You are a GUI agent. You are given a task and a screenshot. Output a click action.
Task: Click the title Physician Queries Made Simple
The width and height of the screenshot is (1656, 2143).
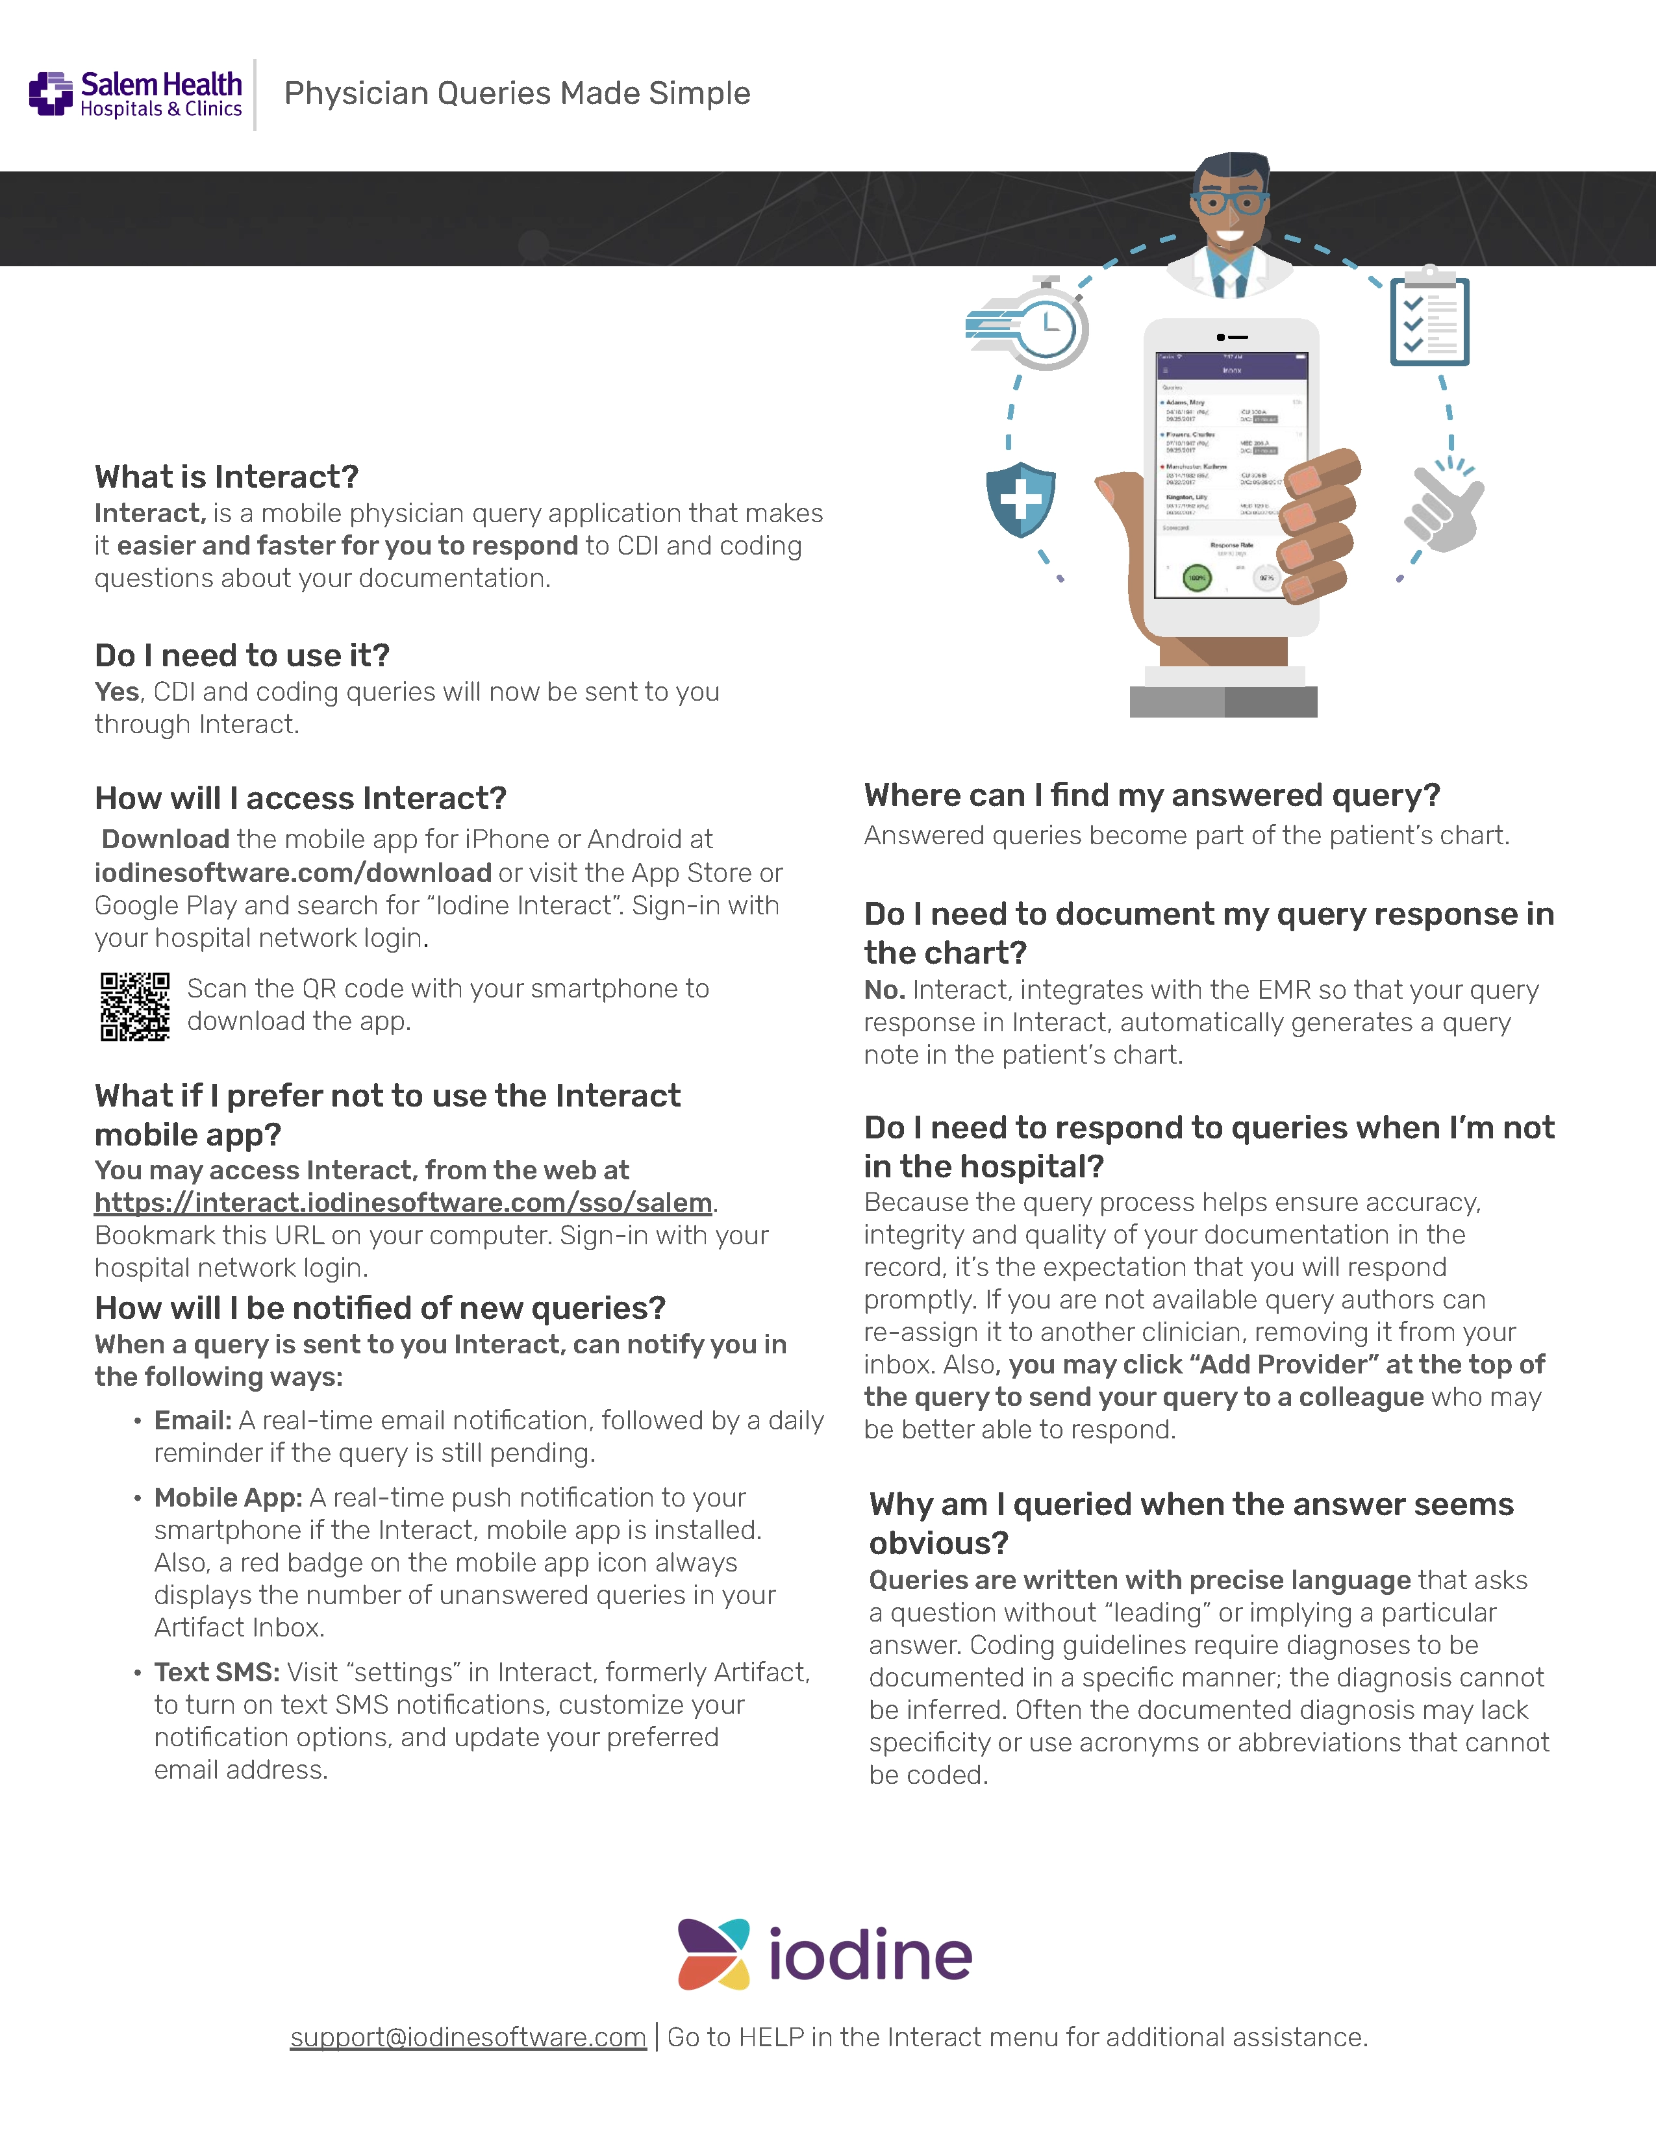point(517,94)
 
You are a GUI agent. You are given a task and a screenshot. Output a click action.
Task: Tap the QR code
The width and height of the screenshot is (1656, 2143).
point(134,1007)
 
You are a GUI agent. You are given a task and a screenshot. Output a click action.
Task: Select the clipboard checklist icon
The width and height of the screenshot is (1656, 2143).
point(1429,321)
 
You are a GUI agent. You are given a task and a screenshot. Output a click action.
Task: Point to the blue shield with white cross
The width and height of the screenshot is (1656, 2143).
point(1020,499)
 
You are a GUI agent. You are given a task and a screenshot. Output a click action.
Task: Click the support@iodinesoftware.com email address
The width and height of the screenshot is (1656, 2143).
point(468,2038)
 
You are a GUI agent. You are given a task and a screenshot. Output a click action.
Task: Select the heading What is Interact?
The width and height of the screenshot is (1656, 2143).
point(227,477)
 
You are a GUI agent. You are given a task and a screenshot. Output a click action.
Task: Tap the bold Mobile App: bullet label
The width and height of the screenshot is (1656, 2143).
point(227,1498)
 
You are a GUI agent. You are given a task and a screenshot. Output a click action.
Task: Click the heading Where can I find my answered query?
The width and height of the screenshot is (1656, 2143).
point(1152,795)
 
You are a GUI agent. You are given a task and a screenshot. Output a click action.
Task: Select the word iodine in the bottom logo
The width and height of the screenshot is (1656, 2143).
point(870,1955)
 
